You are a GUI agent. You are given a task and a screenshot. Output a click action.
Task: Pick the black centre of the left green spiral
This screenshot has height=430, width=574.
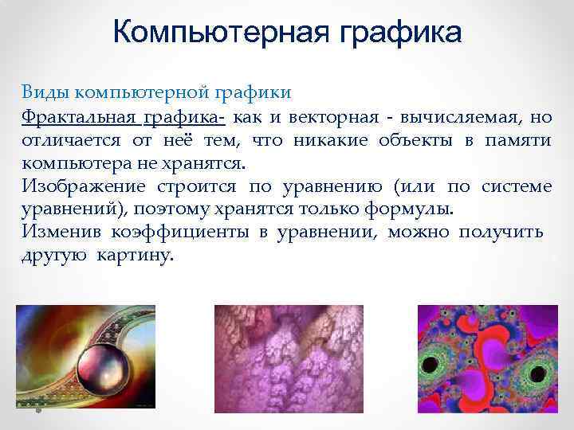435,365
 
